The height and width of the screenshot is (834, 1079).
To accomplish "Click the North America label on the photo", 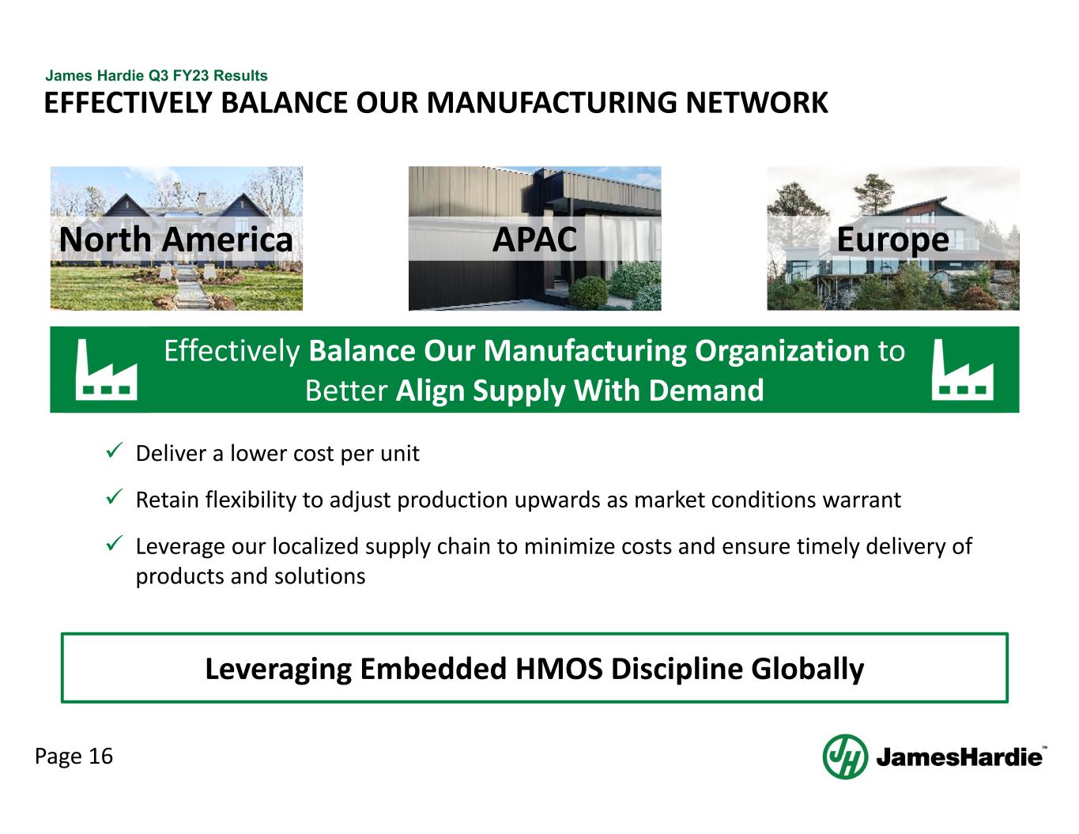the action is pos(175,240).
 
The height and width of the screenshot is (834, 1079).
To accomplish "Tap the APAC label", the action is pos(534,240).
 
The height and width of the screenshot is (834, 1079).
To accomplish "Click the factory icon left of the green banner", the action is pos(106,370).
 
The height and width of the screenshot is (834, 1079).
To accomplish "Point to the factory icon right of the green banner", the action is pos(962,370).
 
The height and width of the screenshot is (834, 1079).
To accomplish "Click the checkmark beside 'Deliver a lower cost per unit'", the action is pos(114,451).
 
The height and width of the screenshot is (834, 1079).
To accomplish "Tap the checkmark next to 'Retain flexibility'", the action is pos(114,497).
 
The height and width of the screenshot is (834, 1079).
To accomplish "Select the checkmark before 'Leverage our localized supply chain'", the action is pos(114,543).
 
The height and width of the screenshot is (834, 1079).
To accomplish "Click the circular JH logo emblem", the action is pos(845,757).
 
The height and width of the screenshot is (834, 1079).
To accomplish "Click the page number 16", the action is pos(101,757).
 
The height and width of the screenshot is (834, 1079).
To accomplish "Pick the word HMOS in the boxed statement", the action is pos(559,669).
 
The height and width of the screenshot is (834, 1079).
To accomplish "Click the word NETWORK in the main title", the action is pos(756,104).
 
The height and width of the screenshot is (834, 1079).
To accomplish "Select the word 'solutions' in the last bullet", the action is pos(320,576).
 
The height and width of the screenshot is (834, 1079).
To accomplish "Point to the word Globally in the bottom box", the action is pos(807,670).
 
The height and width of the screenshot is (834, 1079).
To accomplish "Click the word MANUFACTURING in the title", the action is pos(551,104).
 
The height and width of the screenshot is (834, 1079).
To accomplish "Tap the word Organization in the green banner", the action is pos(782,352).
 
